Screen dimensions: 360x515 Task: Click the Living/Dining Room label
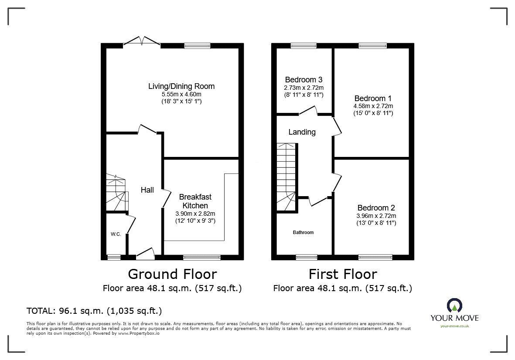coord(181,86)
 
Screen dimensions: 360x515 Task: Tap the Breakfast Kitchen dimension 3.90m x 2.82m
coord(195,214)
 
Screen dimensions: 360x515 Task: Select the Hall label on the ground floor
coord(147,190)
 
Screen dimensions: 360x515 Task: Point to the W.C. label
coord(116,234)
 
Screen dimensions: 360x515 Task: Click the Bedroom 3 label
coord(304,80)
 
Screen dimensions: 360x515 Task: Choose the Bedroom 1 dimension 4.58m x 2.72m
coord(373,106)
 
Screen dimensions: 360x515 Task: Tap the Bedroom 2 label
coord(376,208)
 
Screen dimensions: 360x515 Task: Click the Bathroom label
coord(303,232)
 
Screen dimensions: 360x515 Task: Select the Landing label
coord(302,132)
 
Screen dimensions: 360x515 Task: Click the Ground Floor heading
coord(172,274)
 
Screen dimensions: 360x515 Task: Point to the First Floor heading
coord(342,274)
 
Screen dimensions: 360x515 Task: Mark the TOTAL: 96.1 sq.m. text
coord(94,311)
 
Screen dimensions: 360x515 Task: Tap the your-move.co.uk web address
coord(454,326)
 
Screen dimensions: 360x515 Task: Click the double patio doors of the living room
coord(142,42)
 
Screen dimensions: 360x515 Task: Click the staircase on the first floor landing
coord(286,174)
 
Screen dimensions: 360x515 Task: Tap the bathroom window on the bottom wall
coord(307,258)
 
